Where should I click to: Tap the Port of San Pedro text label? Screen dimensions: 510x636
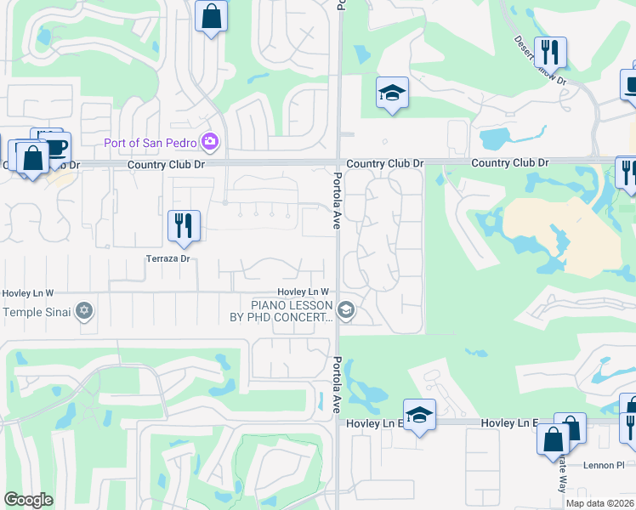tap(150, 143)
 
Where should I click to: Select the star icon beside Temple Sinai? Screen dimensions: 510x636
tap(83, 311)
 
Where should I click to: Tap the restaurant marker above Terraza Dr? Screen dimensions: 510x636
tap(184, 227)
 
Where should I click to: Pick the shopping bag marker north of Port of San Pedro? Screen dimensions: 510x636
tap(211, 17)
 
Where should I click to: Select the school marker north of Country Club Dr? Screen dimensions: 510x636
tap(392, 93)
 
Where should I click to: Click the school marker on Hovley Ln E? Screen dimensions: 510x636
tap(419, 416)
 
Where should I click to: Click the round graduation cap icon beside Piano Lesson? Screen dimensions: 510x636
tap(345, 311)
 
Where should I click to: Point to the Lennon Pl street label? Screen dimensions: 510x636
tap(604, 466)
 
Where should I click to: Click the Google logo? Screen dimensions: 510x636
tap(28, 500)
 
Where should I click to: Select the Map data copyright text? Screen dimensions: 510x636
tap(599, 503)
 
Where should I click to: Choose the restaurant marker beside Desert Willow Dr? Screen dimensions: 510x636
tap(550, 54)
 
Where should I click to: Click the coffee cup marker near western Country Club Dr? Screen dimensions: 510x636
tap(54, 147)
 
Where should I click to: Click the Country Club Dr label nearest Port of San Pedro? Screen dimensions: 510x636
tap(165, 164)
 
